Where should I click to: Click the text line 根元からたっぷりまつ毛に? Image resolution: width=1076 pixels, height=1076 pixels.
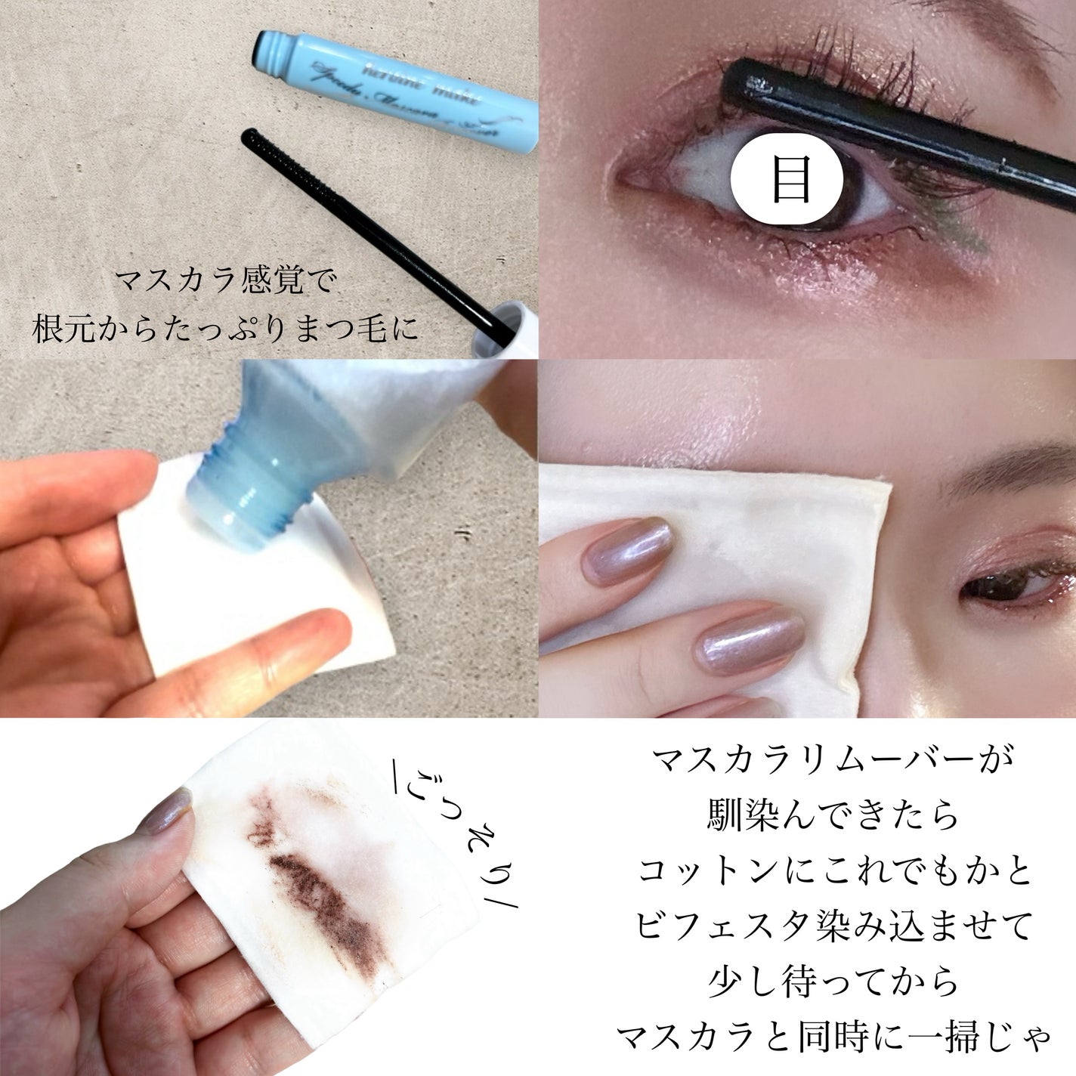tap(225, 329)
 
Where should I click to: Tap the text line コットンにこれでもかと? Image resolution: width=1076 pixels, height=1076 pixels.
tap(833, 873)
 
